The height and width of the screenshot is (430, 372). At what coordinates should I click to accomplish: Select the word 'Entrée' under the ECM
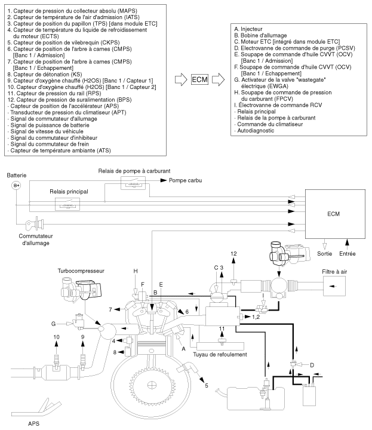348,253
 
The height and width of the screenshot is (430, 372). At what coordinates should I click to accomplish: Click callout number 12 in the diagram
233,253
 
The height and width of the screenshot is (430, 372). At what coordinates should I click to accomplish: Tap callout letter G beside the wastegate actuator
53,323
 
